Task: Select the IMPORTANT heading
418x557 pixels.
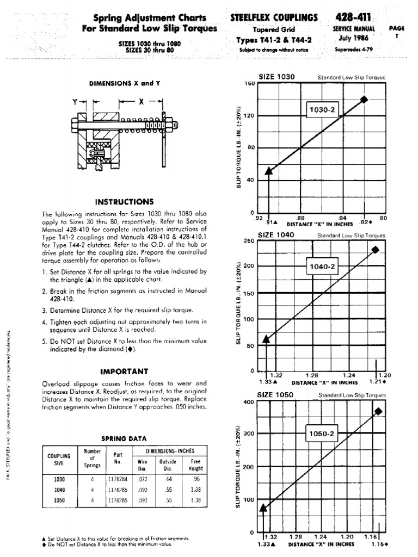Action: coord(125,372)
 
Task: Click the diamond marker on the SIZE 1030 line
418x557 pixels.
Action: coord(364,99)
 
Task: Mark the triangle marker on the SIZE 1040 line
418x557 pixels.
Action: coord(266,339)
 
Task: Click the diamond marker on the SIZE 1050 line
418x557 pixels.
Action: coord(378,411)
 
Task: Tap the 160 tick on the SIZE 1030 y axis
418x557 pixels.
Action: coord(250,84)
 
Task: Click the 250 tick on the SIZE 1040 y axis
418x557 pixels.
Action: coord(250,240)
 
